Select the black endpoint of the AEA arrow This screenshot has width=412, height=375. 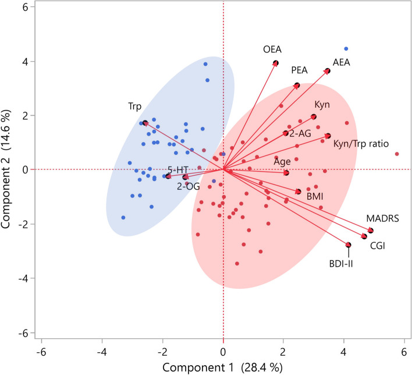328,71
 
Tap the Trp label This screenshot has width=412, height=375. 136,107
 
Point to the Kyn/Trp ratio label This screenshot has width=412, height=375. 361,143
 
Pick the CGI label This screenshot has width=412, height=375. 377,246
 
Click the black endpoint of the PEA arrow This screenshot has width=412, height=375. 297,86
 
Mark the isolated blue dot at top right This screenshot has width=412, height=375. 346,49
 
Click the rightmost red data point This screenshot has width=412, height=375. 397,154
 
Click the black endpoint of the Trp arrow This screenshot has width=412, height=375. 145,123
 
